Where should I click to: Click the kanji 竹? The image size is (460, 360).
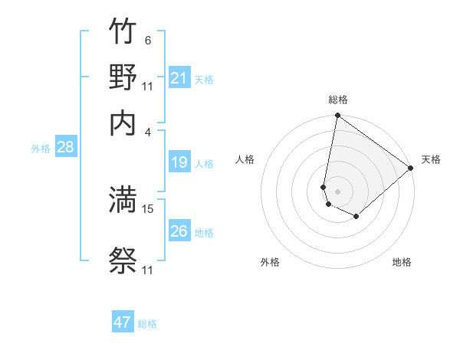123,33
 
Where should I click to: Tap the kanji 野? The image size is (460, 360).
123,78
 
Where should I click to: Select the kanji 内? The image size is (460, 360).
123,123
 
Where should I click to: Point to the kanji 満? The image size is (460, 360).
123,200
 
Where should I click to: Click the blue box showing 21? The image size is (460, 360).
179,78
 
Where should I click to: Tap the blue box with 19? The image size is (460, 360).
179,162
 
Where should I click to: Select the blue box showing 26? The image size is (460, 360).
179,231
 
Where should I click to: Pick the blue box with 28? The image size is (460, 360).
65,148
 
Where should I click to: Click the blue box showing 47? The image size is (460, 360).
123,322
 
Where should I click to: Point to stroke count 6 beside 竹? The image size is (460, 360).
148,41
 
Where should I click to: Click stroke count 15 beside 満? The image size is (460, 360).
149,208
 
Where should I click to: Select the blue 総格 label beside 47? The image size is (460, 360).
147,324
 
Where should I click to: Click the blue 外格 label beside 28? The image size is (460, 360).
41,149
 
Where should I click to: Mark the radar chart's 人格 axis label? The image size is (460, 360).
245,159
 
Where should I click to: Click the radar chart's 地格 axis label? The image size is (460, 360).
402,262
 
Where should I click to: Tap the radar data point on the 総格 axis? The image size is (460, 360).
337,116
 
